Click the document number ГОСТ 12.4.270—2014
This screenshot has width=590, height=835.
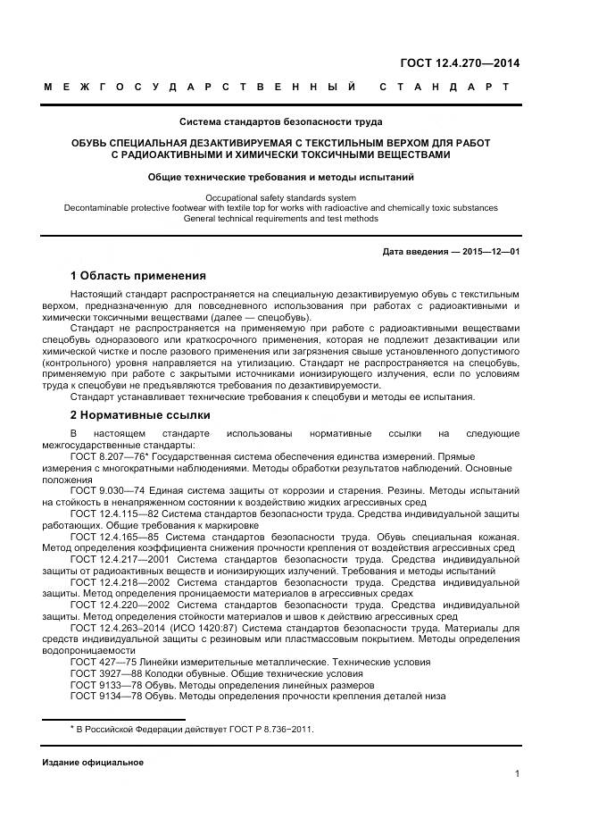[x=458, y=63]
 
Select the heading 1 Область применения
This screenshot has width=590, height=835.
[x=137, y=275]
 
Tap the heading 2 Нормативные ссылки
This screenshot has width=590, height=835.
[x=140, y=415]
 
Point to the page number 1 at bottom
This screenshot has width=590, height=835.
[x=518, y=774]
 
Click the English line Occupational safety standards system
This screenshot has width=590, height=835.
[x=280, y=197]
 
